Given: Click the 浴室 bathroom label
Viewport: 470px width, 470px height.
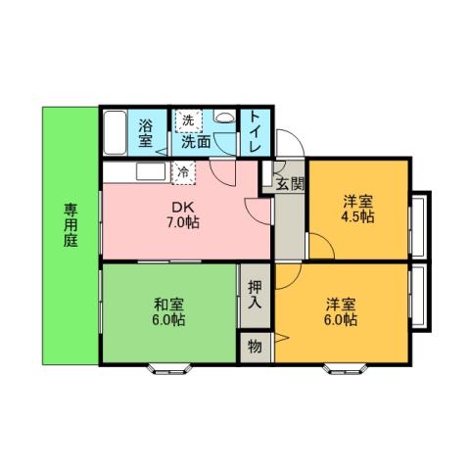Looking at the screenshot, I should pos(145,133).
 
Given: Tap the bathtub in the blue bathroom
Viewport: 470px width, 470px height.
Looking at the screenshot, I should pos(115,132).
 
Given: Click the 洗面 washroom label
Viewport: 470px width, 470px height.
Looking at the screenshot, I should pos(196,141).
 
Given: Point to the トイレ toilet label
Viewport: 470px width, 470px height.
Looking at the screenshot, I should pos(254,132).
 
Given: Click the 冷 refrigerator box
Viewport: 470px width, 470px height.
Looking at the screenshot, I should pos(183,172).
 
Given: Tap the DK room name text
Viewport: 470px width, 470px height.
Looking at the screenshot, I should pos(183,207).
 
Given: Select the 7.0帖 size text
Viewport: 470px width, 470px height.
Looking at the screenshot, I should pos(183,223).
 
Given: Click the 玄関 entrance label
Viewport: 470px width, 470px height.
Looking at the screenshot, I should pos(290,183).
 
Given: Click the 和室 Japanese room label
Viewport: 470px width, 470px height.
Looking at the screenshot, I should pos(169,303).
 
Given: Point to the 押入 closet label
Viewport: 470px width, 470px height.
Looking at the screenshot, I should pos(255,294).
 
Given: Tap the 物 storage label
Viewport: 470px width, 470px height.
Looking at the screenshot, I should pos(255,346).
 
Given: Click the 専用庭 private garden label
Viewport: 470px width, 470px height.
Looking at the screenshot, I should pos(71,225).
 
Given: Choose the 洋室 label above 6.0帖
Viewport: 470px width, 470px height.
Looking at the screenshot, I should pos(342,303).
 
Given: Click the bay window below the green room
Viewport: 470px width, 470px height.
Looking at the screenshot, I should pos(168,369).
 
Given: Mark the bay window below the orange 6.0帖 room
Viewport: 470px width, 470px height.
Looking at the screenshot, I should pos(344,369).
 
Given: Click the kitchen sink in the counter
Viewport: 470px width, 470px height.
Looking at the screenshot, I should pos(153,172).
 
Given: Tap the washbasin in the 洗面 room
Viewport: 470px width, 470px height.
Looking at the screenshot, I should pos(223,118).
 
